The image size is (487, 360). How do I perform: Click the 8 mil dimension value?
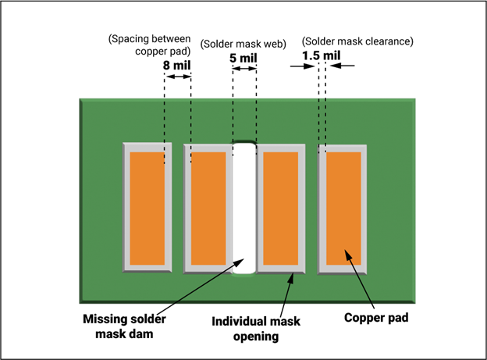pyautogui.click(x=176, y=66)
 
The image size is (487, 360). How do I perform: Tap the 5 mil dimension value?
pyautogui.click(x=243, y=58)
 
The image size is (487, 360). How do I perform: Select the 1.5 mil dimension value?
pyautogui.click(x=322, y=55)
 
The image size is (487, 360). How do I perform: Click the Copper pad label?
pyautogui.click(x=376, y=318)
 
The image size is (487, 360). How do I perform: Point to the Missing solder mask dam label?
pyautogui.click(x=124, y=326)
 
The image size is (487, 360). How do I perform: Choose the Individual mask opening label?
pyautogui.click(x=256, y=329)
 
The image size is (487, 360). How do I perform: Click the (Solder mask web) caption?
pyautogui.click(x=243, y=44)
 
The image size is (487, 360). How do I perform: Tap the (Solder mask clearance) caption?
pyautogui.click(x=357, y=41)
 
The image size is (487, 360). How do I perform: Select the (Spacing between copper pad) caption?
pyautogui.click(x=150, y=45)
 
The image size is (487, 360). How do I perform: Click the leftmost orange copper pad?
pyautogui.click(x=148, y=209)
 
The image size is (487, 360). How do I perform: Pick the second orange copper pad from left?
pyautogui.click(x=208, y=209)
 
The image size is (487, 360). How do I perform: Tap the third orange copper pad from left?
pyautogui.click(x=281, y=209)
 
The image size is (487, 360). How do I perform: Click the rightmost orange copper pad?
pyautogui.click(x=344, y=209)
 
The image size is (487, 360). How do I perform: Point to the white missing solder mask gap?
pyautogui.click(x=244, y=209)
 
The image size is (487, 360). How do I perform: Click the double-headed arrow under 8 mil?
pyautogui.click(x=178, y=77)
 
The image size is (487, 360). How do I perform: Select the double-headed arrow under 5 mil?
pyautogui.click(x=244, y=69)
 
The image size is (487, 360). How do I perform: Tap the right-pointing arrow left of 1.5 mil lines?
pyautogui.click(x=303, y=66)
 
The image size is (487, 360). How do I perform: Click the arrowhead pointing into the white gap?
pyautogui.click(x=240, y=262)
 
